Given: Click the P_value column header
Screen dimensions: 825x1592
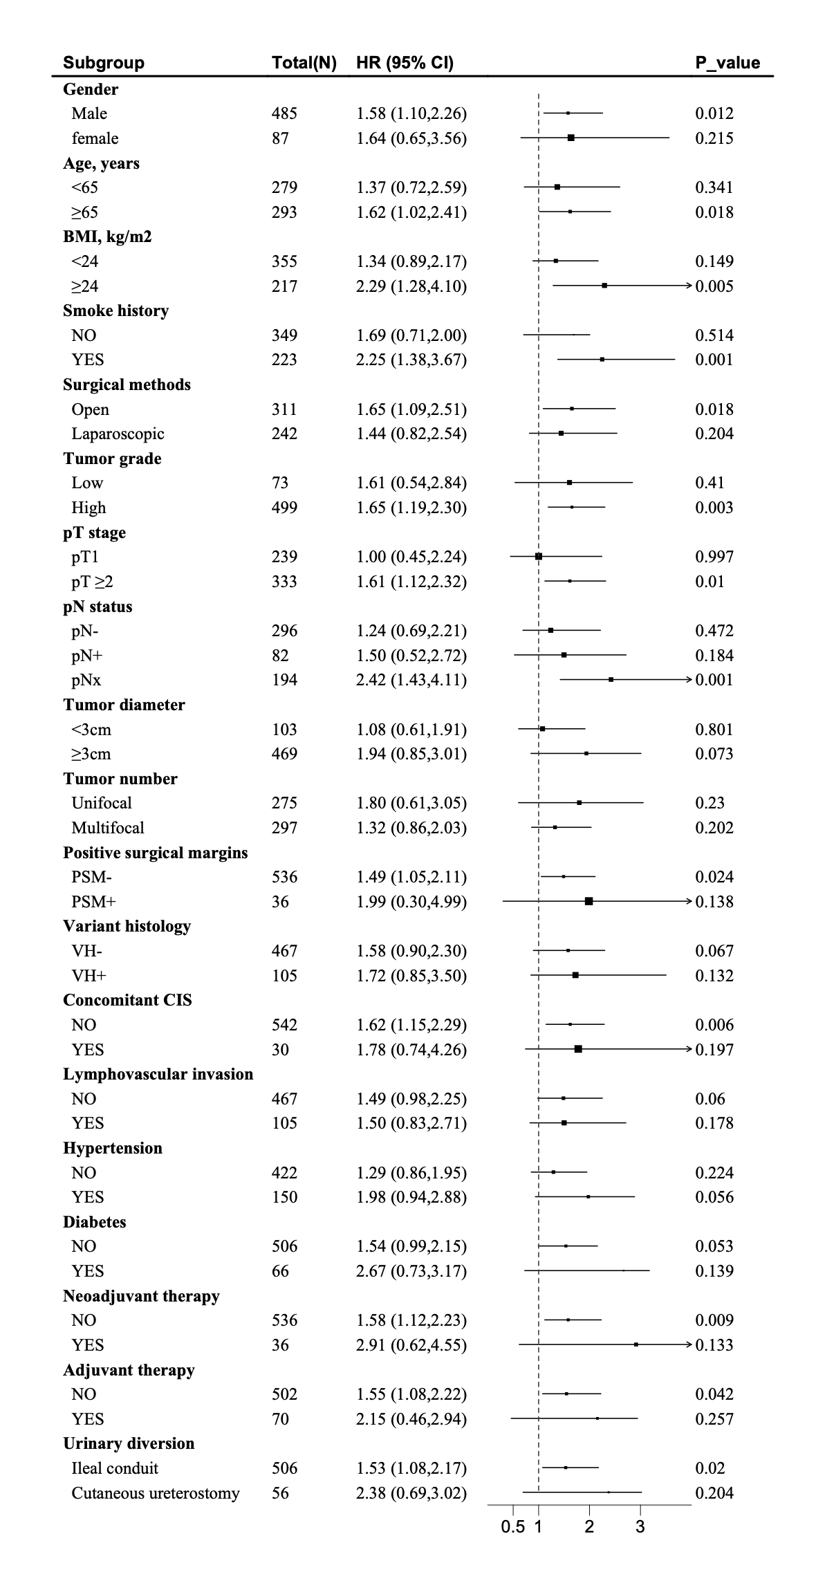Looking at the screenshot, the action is coord(727,63).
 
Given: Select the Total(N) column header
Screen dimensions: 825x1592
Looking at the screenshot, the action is coord(304,63).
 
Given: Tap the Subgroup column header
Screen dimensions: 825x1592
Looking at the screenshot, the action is coord(104,63).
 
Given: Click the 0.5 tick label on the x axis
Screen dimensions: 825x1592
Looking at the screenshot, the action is coord(513,1526).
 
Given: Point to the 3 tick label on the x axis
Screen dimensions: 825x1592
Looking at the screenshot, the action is coord(640,1526).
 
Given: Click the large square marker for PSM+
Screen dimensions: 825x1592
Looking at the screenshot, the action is coord(588,901).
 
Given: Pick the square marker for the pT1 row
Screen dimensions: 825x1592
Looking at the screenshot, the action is coord(539,556).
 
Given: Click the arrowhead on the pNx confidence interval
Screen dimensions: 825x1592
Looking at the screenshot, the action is coord(688,680).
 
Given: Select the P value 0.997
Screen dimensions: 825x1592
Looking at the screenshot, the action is coord(714,557).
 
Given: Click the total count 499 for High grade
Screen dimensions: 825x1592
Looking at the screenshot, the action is coord(284,508).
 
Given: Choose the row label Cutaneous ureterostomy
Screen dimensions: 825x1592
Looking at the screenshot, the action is coord(156,1493).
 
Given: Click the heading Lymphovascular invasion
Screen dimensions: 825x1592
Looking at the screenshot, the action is coord(158,1074).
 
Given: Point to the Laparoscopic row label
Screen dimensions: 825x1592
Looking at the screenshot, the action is coord(118,434).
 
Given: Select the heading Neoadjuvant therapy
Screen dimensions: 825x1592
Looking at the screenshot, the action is coord(141,1296).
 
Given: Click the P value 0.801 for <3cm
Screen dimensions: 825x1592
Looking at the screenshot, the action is coord(714,730).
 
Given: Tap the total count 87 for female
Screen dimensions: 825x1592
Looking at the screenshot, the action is coord(280,138).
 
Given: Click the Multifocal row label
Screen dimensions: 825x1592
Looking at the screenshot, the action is coord(108,828).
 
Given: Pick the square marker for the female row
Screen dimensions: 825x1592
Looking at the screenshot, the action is coord(571,138).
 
